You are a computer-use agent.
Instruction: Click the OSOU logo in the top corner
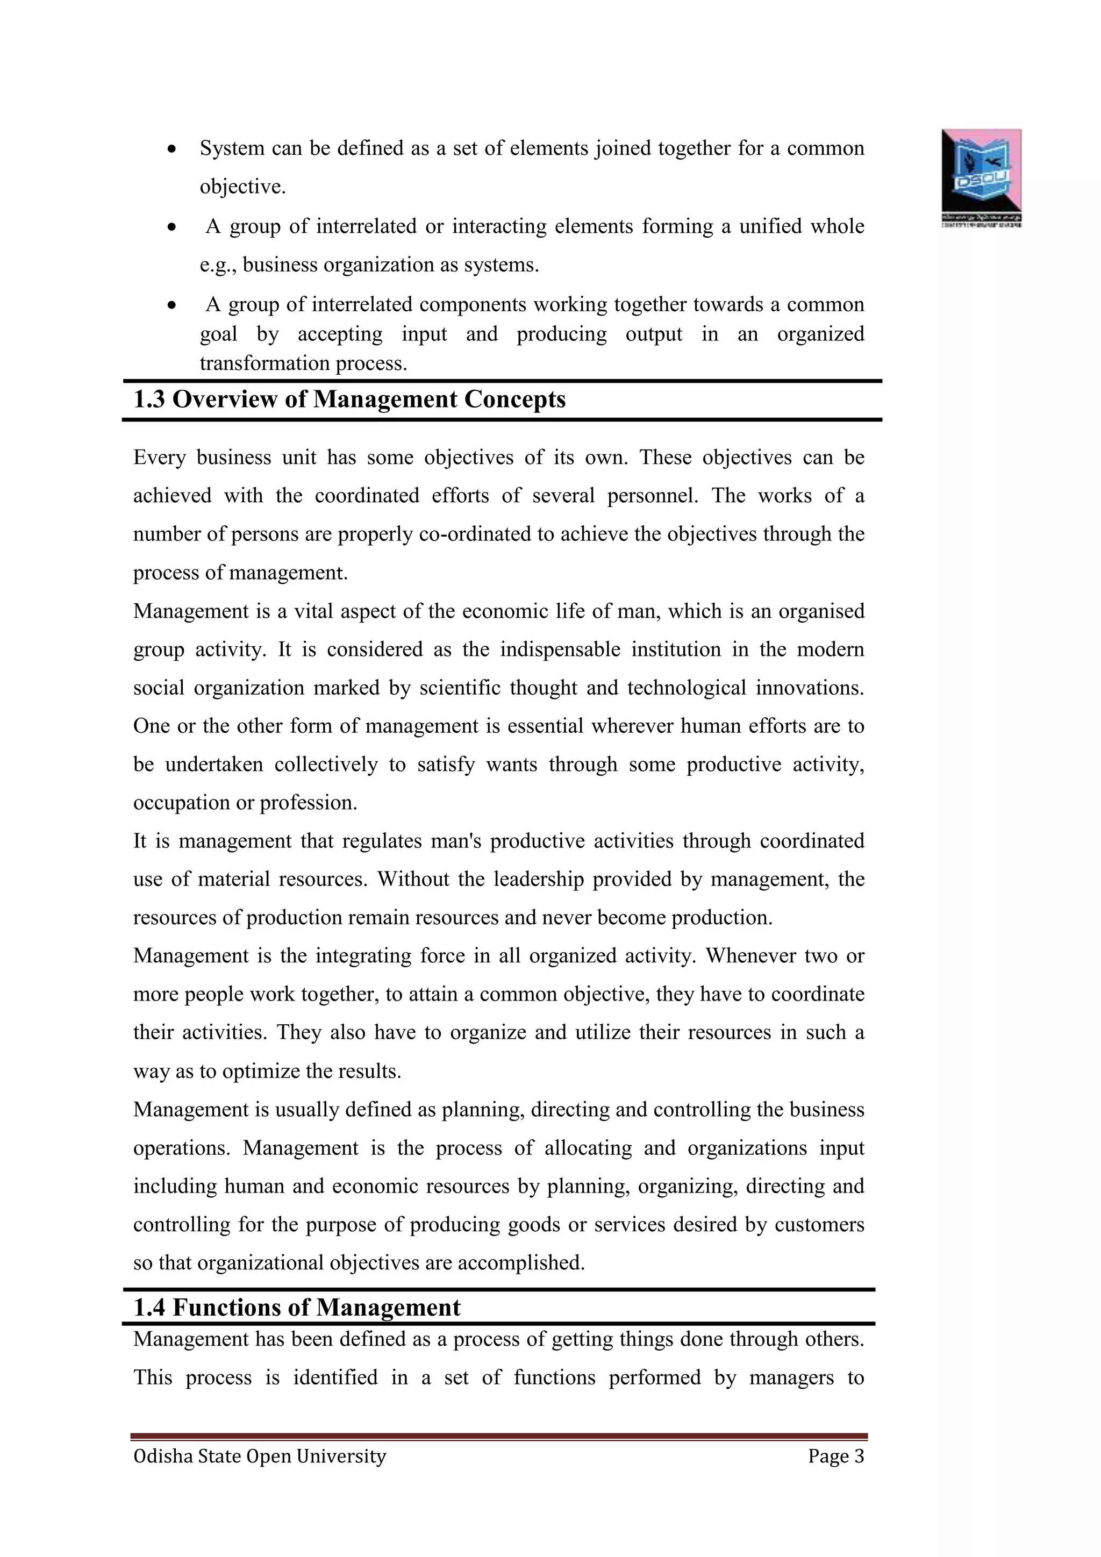[981, 176]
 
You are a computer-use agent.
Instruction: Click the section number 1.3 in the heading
[148, 399]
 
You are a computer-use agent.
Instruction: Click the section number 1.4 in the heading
[148, 1308]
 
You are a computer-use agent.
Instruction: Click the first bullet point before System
[173, 148]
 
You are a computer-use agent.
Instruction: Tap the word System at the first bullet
[232, 148]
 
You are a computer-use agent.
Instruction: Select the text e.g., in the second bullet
[218, 265]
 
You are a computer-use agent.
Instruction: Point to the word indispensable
[560, 649]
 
